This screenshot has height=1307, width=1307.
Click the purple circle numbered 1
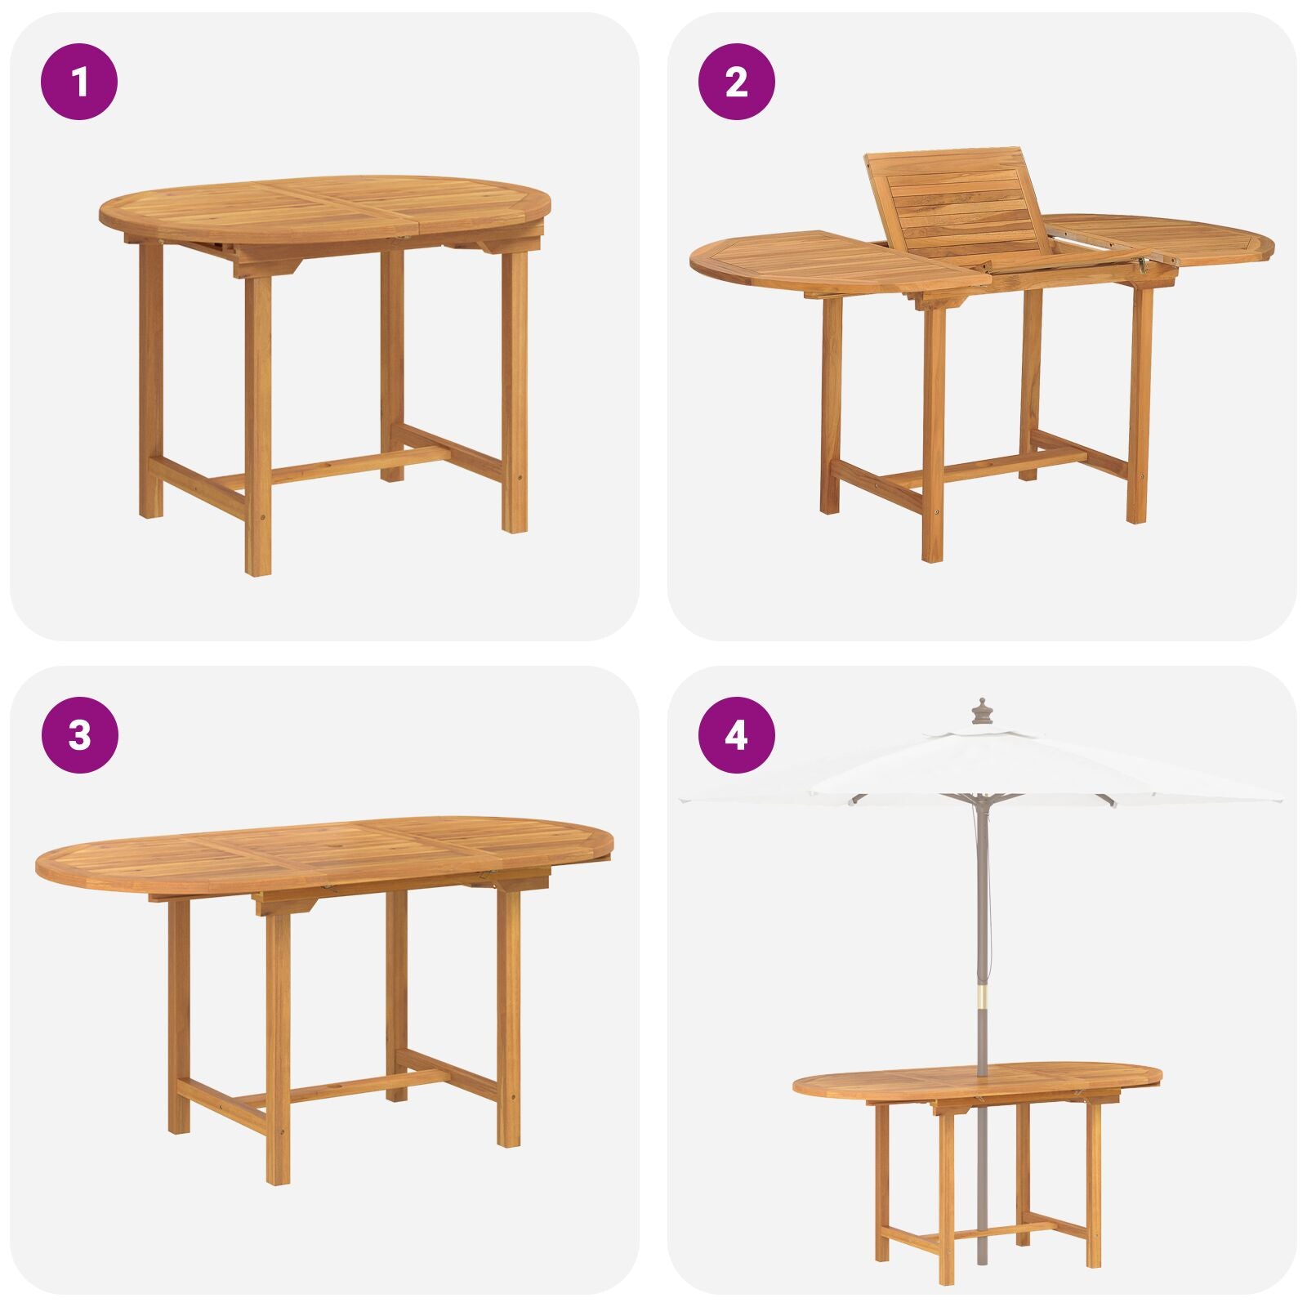[x=79, y=82]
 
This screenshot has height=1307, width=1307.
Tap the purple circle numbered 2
[x=736, y=82]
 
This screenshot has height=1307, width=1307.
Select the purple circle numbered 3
[x=79, y=735]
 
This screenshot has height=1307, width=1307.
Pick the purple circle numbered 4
[x=736, y=735]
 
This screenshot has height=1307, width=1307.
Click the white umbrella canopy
[x=980, y=764]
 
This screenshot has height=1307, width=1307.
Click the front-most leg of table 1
[x=257, y=425]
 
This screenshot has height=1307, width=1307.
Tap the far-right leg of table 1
[x=514, y=392]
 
